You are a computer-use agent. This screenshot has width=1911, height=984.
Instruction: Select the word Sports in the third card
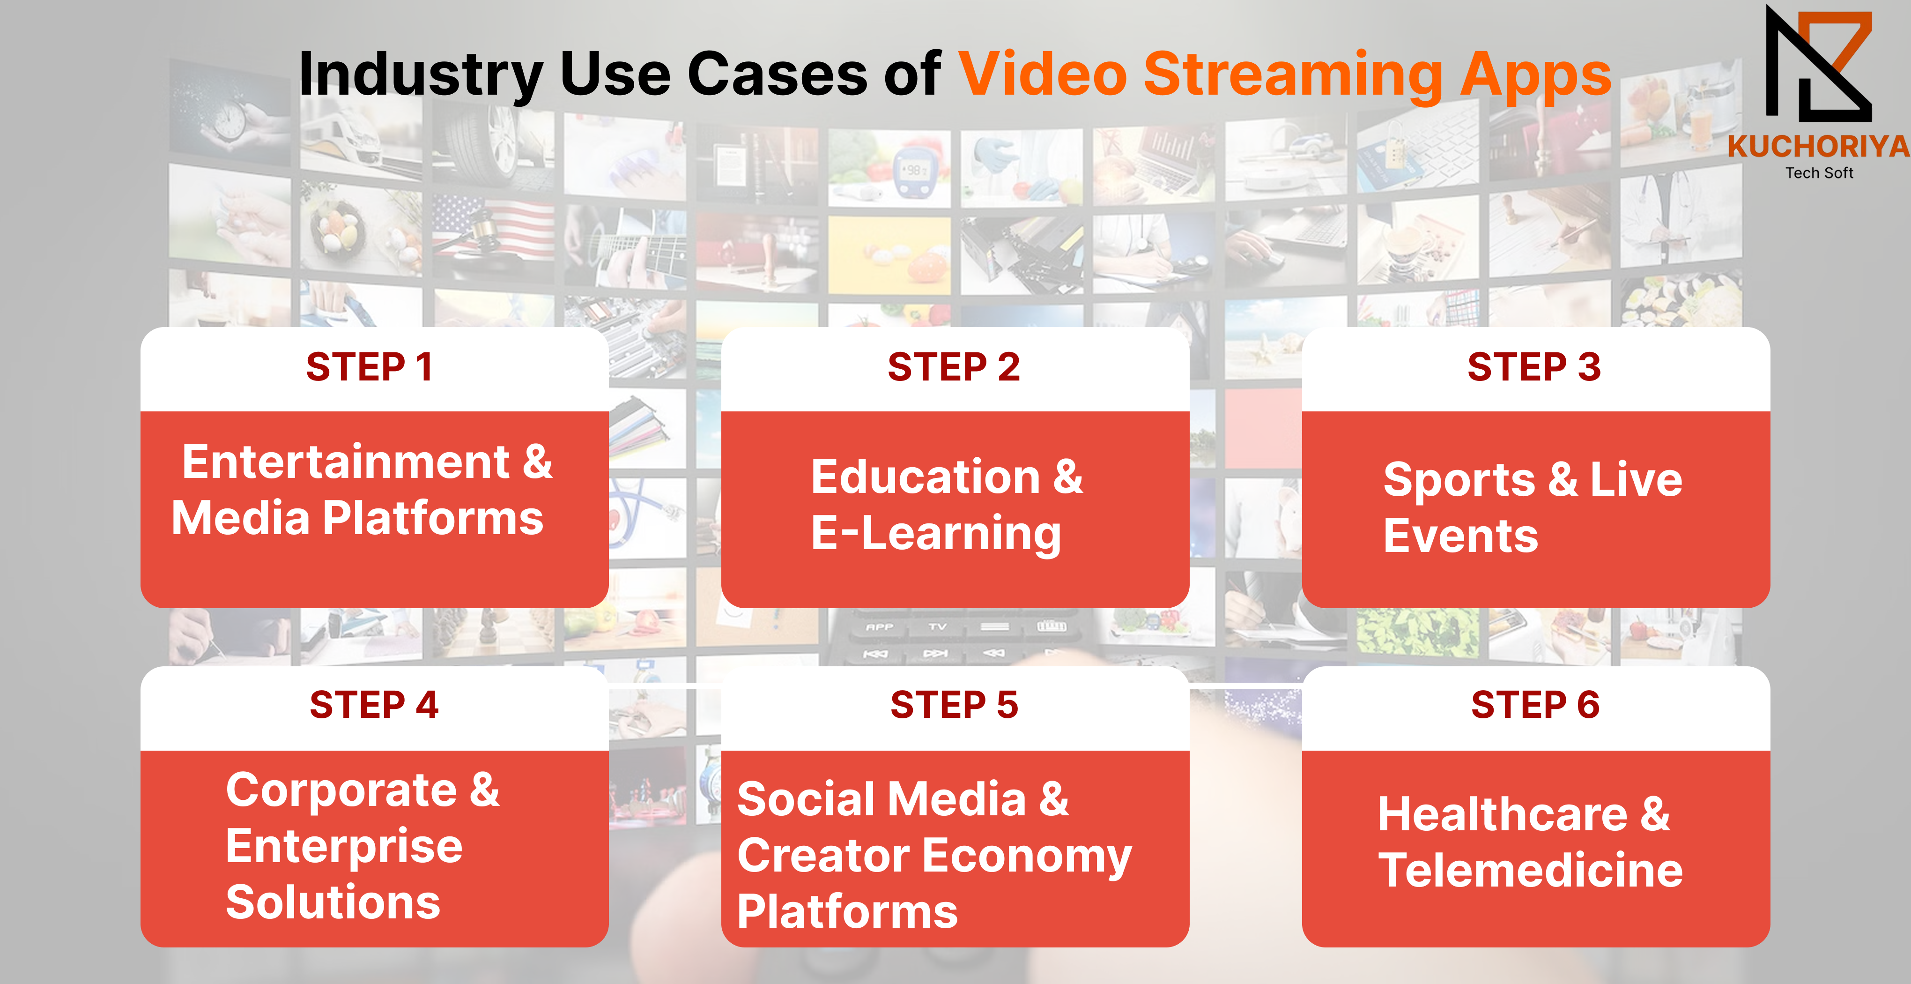point(1459,480)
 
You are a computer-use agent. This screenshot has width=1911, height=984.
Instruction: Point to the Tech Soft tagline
point(1819,173)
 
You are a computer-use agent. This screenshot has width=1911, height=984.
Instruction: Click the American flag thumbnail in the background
point(493,226)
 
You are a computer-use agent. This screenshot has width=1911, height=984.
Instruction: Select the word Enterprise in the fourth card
point(344,847)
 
